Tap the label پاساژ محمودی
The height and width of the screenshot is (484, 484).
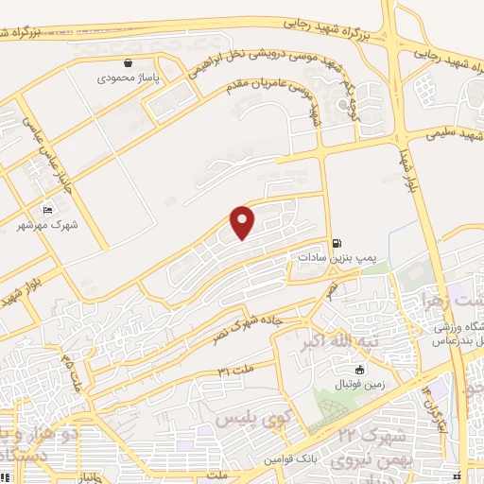click(127, 78)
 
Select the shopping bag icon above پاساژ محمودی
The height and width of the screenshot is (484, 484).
click(127, 63)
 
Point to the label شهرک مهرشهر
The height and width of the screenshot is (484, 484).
click(47, 224)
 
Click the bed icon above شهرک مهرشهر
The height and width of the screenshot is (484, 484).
click(48, 209)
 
